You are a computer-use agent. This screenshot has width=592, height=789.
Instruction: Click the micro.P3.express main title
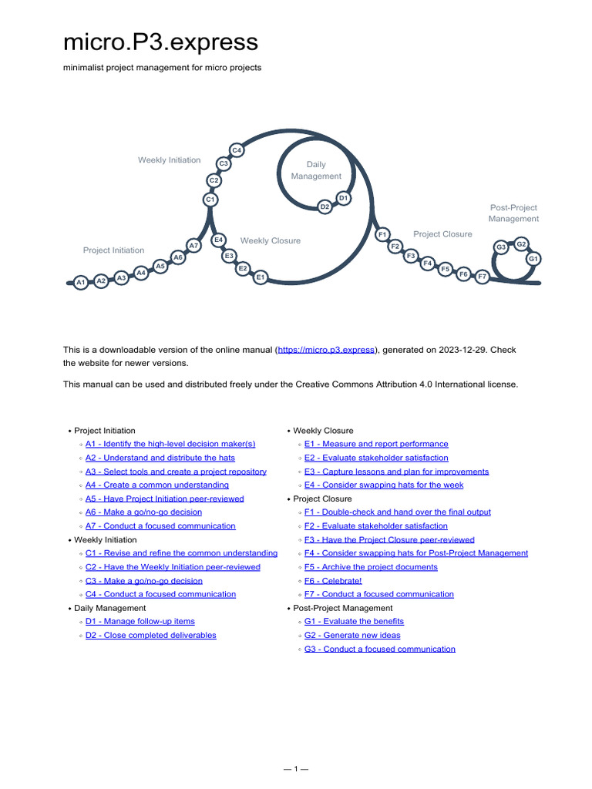click(x=160, y=42)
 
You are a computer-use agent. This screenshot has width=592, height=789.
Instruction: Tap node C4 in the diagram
click(x=237, y=150)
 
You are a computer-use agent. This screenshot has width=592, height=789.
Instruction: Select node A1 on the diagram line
click(x=81, y=284)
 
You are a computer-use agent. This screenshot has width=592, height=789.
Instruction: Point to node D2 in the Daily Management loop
click(x=325, y=206)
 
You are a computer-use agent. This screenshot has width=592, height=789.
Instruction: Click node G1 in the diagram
click(x=533, y=259)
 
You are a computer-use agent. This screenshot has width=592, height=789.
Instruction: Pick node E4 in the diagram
click(x=218, y=240)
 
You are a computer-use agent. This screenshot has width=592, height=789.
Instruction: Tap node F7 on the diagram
click(x=482, y=276)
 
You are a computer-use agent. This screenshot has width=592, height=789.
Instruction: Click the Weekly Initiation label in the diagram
click(x=169, y=160)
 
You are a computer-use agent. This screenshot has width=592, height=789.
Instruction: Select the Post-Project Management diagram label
click(x=513, y=213)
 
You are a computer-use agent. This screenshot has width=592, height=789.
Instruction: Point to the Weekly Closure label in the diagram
click(x=271, y=240)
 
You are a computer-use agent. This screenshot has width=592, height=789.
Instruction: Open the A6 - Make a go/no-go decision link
click(x=143, y=512)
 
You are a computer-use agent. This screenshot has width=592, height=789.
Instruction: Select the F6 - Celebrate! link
click(x=333, y=581)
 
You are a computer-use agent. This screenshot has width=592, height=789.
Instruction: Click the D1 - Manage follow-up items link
click(x=140, y=621)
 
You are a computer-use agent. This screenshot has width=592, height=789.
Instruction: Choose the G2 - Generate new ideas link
click(x=352, y=635)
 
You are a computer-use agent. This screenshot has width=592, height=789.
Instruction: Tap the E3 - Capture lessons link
click(x=396, y=472)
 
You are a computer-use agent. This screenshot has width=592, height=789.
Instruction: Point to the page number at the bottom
click(x=296, y=769)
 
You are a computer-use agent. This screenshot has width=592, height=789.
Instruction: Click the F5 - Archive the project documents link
click(x=371, y=567)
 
